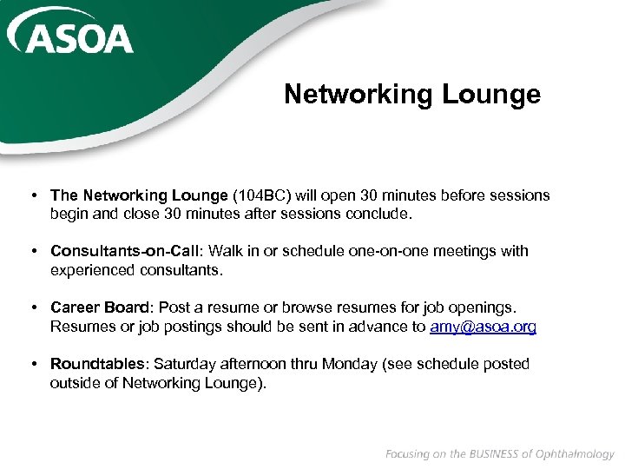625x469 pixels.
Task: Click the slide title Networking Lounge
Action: point(411,94)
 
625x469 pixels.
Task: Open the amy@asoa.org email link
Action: point(483,327)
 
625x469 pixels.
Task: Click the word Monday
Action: point(351,364)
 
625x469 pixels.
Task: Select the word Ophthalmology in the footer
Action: point(574,454)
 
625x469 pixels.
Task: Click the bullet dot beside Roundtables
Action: point(32,364)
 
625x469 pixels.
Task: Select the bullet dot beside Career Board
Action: point(32,307)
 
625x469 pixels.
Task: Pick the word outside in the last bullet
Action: point(75,383)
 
